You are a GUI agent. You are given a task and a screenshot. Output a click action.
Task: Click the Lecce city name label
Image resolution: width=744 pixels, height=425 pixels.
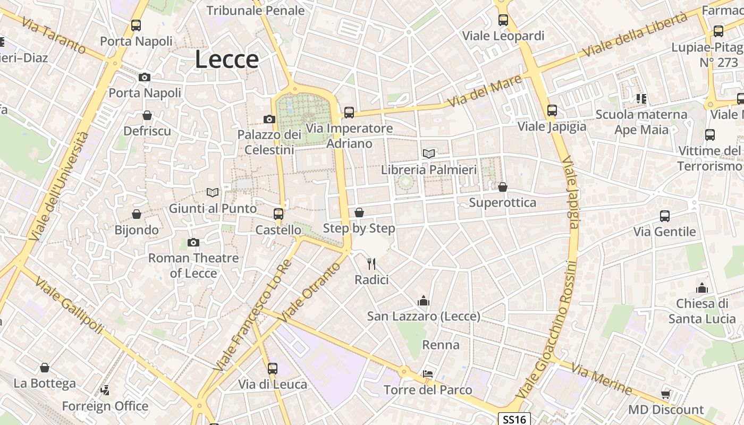(227, 59)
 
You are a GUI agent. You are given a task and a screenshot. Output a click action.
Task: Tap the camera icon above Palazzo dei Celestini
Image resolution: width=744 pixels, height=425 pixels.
(269, 119)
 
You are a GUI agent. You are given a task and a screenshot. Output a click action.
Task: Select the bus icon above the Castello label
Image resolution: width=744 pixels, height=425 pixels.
(278, 214)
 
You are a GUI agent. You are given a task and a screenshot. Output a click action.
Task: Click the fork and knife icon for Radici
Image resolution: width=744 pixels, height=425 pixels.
(372, 263)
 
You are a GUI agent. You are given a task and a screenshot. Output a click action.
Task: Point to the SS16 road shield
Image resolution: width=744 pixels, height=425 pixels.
(514, 419)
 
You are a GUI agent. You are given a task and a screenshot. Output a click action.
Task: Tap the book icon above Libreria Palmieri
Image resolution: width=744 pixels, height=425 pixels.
(429, 154)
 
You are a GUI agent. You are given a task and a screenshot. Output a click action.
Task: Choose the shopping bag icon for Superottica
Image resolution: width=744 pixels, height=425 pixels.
(503, 187)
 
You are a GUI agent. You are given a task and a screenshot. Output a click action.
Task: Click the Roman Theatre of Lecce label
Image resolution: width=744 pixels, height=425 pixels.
(193, 266)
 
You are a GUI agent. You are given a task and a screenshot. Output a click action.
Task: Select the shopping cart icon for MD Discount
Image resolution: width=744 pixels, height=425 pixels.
(666, 394)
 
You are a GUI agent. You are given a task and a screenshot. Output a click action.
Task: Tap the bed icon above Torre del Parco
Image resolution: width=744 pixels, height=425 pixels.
(428, 374)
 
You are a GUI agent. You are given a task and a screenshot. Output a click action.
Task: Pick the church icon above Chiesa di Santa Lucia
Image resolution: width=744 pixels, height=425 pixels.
(702, 288)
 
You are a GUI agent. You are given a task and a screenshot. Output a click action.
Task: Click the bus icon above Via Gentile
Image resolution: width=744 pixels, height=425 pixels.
(665, 216)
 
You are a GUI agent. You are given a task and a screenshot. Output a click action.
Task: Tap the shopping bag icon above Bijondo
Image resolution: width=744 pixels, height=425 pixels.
(137, 214)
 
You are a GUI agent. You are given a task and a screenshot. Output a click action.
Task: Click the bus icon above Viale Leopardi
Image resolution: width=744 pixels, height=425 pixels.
(503, 20)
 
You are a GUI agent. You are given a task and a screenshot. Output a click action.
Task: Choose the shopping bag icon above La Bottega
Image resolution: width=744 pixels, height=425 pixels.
(45, 368)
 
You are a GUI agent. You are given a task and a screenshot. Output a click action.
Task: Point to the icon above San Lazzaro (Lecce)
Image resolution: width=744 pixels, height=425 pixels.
(424, 301)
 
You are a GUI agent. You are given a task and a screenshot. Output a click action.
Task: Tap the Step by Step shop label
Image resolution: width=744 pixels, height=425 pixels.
(359, 228)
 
